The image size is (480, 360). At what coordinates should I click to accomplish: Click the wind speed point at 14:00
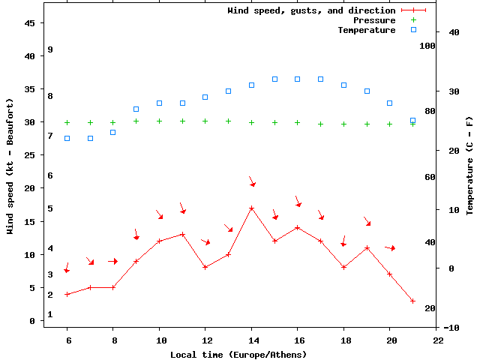point(251,208)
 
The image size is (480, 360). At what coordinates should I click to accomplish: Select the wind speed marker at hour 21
point(412,301)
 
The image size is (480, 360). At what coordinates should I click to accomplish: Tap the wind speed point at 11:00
point(182,234)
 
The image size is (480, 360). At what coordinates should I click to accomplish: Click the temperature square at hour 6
point(67,138)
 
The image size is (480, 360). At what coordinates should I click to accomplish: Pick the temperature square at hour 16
point(298,79)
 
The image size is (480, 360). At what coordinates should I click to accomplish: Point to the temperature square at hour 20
point(390,103)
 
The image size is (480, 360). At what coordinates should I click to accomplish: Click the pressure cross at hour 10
point(159,121)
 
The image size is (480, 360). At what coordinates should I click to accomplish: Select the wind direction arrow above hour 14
point(252,181)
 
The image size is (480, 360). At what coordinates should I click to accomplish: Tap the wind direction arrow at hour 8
point(112,261)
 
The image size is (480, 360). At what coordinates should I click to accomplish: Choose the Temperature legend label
point(366,30)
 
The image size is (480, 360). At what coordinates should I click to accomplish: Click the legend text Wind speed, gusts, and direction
point(311,10)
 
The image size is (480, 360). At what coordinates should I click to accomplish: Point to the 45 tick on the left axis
point(31,23)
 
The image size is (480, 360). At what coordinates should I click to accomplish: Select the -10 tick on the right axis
point(452,328)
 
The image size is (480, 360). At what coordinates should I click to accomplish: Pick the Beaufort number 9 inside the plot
point(49,49)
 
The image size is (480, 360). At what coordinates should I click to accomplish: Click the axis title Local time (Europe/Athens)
point(238,354)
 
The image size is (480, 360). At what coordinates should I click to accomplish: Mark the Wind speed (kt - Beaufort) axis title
point(11,165)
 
